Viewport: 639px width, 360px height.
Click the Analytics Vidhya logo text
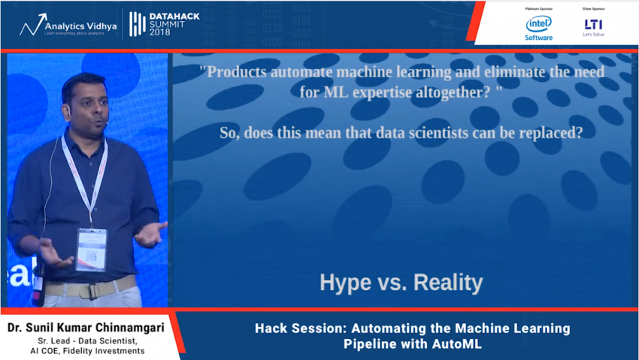[x=79, y=25]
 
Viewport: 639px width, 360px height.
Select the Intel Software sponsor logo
[x=538, y=27]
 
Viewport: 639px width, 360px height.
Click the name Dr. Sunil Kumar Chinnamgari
[x=85, y=328]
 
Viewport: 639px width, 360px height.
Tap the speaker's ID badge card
[x=91, y=249]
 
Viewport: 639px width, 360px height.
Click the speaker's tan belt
[x=90, y=288]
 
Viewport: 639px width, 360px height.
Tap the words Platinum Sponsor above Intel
[x=538, y=8]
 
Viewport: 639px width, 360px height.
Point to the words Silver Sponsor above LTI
[x=592, y=8]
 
